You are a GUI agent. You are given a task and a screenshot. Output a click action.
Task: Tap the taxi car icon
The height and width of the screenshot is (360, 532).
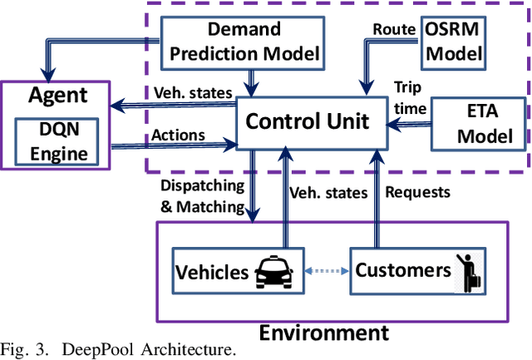tap(274, 270)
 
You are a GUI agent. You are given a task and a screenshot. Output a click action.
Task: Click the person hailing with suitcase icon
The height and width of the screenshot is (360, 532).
tap(462, 270)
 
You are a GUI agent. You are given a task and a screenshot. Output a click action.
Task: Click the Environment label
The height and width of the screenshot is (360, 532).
tap(323, 333)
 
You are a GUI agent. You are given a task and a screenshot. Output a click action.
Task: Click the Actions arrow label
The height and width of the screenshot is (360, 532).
tap(179, 135)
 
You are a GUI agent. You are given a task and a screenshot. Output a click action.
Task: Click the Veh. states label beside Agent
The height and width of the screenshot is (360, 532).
tap(190, 92)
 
